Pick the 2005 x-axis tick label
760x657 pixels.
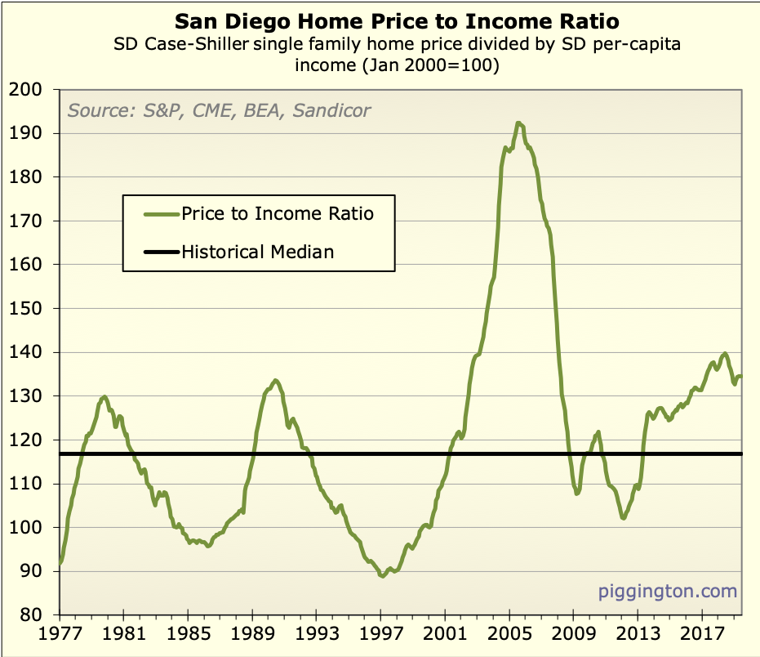pyautogui.click(x=509, y=634)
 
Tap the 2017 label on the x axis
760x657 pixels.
pyautogui.click(x=701, y=634)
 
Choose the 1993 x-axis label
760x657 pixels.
pyautogui.click(x=316, y=634)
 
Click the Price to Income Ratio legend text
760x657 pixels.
pyautogui.click(x=278, y=214)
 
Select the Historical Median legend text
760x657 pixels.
pyautogui.click(x=258, y=252)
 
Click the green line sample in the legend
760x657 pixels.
pyautogui.click(x=160, y=214)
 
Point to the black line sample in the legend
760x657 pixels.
pyautogui.click(x=160, y=252)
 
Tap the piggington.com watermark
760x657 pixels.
pyautogui.click(x=667, y=591)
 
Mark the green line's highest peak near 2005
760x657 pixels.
pyautogui.click(x=518, y=123)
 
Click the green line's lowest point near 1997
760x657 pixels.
pyautogui.click(x=381, y=576)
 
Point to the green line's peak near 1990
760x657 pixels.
pyautogui.click(x=275, y=380)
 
